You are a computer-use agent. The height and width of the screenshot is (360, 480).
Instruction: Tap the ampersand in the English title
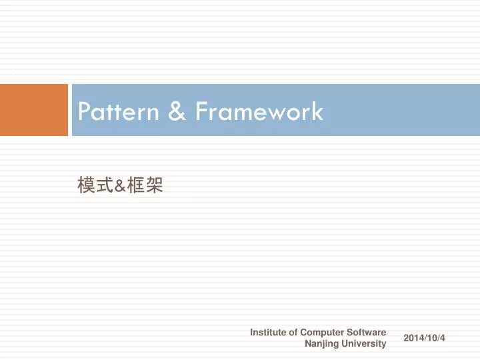177,111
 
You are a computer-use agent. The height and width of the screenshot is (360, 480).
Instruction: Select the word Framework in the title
259,111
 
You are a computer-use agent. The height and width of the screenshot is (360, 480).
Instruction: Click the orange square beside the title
34,110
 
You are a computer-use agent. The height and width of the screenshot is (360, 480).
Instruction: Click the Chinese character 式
103,186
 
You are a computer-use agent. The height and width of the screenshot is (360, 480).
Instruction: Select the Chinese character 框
136,186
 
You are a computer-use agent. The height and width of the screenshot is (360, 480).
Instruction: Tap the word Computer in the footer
323,332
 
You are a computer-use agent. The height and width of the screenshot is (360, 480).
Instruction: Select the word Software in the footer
367,332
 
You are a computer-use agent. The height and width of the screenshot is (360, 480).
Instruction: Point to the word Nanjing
321,344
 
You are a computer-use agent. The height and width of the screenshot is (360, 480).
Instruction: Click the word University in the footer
364,344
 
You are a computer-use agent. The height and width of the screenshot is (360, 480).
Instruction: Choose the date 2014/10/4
424,339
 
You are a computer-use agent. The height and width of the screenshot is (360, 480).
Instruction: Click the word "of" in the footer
293,332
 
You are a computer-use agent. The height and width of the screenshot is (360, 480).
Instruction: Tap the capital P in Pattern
83,111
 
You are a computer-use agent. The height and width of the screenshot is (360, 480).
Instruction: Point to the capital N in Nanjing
307,344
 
